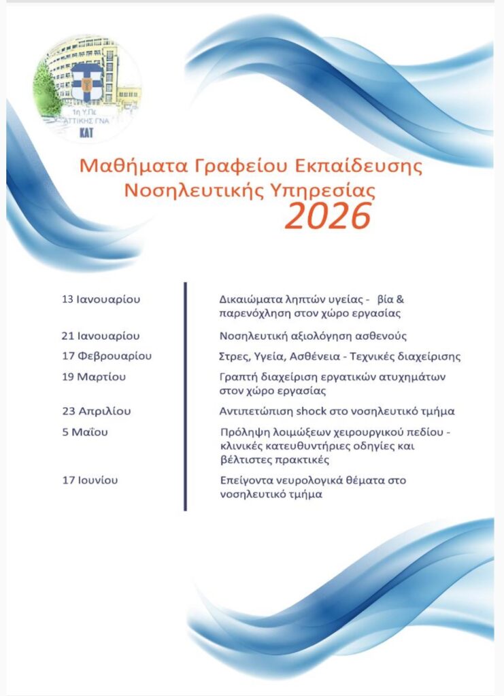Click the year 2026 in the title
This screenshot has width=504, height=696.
point(328,216)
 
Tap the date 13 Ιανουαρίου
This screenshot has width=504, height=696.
point(100,299)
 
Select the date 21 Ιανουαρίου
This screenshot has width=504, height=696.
point(100,336)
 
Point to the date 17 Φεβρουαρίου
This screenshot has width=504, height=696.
point(105,356)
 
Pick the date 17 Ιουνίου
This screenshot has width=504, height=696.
point(89,481)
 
